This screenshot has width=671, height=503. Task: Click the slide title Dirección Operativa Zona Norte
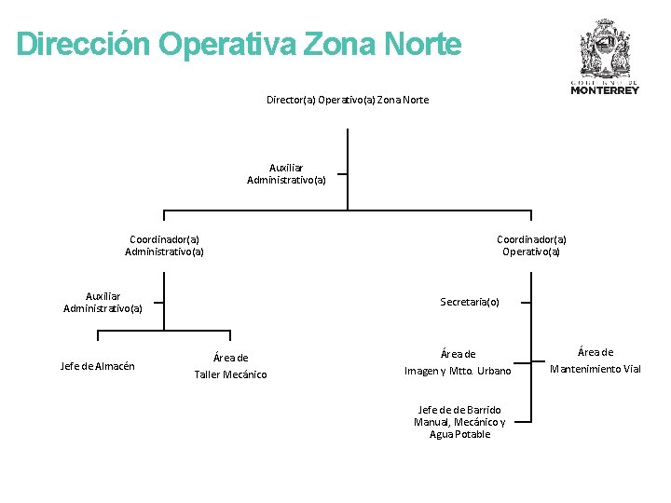tap(239, 44)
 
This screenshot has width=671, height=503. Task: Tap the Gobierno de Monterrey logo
tap(605, 56)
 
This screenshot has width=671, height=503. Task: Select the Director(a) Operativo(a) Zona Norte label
tap(348, 100)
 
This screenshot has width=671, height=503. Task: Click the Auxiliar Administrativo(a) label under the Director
tap(286, 174)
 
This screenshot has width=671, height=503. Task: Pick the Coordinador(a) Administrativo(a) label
tap(164, 245)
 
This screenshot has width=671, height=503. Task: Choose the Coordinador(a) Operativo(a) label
tap(531, 245)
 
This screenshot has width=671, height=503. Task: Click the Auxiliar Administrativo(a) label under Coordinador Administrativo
tap(103, 303)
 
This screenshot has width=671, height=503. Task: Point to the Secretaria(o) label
tap(470, 302)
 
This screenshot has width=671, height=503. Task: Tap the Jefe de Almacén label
tap(97, 366)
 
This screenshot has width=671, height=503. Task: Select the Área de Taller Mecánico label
tap(230, 366)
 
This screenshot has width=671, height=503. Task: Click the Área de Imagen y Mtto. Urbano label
tap(458, 362)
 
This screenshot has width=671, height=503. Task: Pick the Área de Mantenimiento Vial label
tap(596, 360)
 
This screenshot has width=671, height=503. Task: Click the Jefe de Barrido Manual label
tap(459, 422)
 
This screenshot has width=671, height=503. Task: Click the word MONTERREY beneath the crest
tap(605, 90)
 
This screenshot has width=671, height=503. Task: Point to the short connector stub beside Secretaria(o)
tap(527, 302)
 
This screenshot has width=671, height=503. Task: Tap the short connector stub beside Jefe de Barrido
tap(524, 422)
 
